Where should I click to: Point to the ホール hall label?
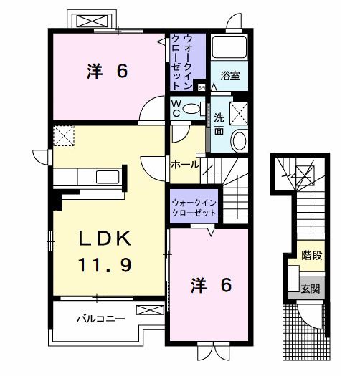pyautogui.click(x=184, y=165)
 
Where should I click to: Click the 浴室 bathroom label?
pyautogui.click(x=229, y=74)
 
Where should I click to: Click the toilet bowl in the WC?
pyautogui.click(x=192, y=109)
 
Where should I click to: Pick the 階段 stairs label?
pyautogui.click(x=311, y=255)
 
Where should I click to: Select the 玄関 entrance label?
pyautogui.click(x=311, y=289)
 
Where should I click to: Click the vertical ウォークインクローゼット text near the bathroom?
pyautogui.click(x=187, y=61)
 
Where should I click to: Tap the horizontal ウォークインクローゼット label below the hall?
pyautogui.click(x=194, y=209)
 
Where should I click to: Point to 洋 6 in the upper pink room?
pyautogui.click(x=107, y=72)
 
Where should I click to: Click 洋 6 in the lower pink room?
pyautogui.click(x=210, y=285)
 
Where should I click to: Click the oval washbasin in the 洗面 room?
pyautogui.click(x=240, y=140)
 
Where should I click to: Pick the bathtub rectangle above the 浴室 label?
pyautogui.click(x=229, y=49)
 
